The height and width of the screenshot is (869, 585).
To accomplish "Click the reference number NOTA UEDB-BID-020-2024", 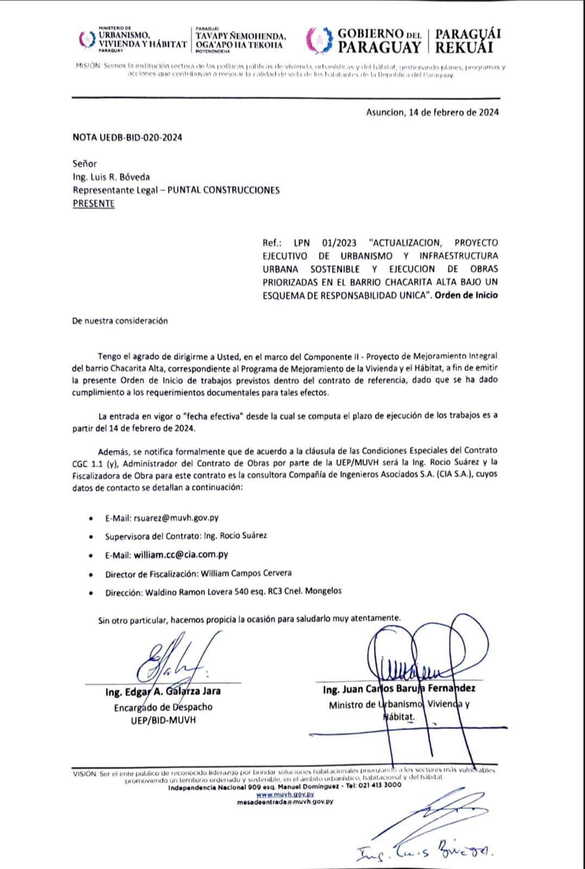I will (127, 137).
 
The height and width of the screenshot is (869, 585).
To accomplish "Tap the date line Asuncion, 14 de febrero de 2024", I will (432, 112).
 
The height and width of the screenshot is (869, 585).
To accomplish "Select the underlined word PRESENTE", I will (93, 204).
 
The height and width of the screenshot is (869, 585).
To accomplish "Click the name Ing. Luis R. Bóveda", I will (111, 177).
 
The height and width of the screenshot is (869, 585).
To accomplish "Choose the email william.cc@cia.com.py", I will (181, 555).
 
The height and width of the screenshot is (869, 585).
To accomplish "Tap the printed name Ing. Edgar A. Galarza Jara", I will (163, 691).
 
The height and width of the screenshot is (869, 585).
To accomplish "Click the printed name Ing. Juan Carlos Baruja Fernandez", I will (399, 689).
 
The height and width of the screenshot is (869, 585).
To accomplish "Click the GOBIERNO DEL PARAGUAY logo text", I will (379, 41).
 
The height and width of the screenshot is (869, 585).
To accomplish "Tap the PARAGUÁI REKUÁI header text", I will (468, 41).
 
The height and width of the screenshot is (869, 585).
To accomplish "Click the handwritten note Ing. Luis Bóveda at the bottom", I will (424, 853).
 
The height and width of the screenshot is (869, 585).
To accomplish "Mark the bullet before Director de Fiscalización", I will (91, 575).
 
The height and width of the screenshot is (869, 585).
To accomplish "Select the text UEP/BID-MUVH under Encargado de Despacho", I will (163, 720).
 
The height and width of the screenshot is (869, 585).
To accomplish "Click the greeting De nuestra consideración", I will (120, 321).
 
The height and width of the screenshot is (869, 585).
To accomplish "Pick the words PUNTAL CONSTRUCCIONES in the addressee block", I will (223, 190).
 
